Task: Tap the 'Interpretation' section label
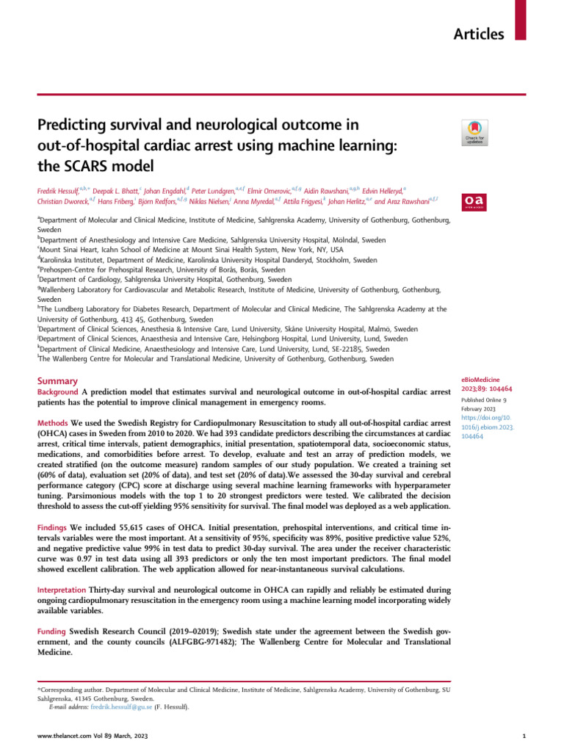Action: click(62, 590)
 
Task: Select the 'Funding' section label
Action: click(53, 632)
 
